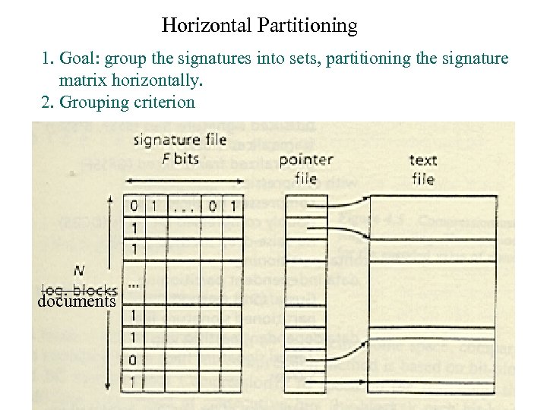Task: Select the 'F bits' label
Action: [x=182, y=159]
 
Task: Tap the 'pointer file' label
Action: [x=306, y=169]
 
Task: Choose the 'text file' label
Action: [x=422, y=169]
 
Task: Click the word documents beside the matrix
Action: [x=76, y=301]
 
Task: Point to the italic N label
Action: [x=79, y=270]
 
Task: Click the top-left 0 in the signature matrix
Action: [x=134, y=205]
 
